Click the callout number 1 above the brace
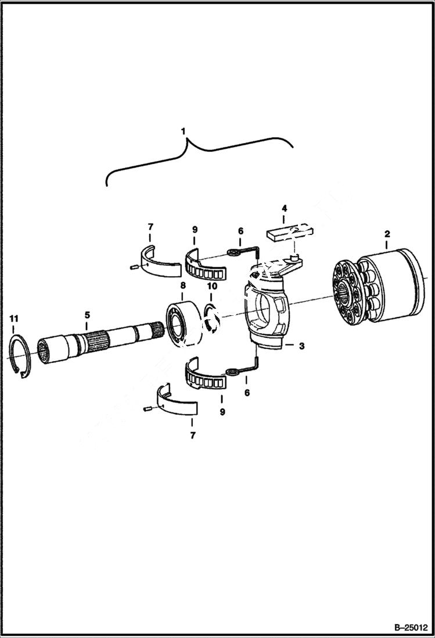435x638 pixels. pyautogui.click(x=184, y=132)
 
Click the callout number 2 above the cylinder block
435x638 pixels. pyautogui.click(x=387, y=234)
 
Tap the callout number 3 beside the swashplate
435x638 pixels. pyautogui.click(x=301, y=345)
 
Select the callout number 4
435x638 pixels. pyautogui.click(x=284, y=207)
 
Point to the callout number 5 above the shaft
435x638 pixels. pyautogui.click(x=87, y=315)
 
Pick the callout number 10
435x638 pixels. pyautogui.click(x=212, y=286)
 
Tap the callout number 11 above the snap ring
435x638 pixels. pyautogui.click(x=13, y=318)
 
